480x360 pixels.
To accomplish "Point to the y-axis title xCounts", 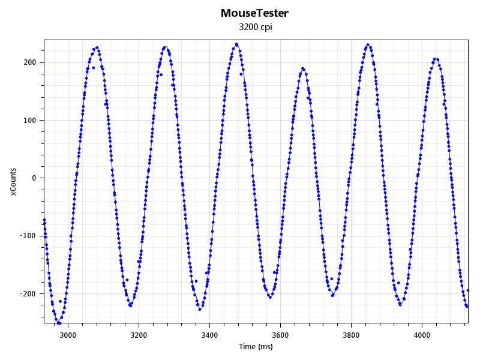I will click(x=13, y=181).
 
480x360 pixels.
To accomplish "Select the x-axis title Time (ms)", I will click(x=256, y=347).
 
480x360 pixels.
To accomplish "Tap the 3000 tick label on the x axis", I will click(x=68, y=335).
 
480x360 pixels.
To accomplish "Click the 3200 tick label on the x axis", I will click(x=139, y=335).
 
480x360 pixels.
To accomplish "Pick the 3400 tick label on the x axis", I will click(x=209, y=335).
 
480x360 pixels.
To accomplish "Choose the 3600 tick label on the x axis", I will click(x=280, y=335).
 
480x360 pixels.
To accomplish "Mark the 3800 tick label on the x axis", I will click(x=351, y=335).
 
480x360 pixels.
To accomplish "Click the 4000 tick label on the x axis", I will click(x=422, y=335).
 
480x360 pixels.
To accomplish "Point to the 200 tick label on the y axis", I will click(x=30, y=62).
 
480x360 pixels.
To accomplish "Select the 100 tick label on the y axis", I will click(x=30, y=120).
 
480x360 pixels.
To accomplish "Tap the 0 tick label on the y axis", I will click(x=35, y=178).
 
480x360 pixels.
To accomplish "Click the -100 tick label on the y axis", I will click(x=28, y=236).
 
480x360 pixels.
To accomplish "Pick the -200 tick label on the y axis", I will click(x=28, y=293).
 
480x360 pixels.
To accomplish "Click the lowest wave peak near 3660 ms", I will click(x=302, y=68).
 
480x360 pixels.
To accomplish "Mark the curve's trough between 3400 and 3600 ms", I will click(x=270, y=297).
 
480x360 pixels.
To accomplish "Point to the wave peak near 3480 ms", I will click(x=236, y=44).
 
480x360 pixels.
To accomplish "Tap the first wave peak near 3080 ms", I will click(x=97, y=47).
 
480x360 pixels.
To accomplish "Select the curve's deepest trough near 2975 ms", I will click(x=59, y=323).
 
